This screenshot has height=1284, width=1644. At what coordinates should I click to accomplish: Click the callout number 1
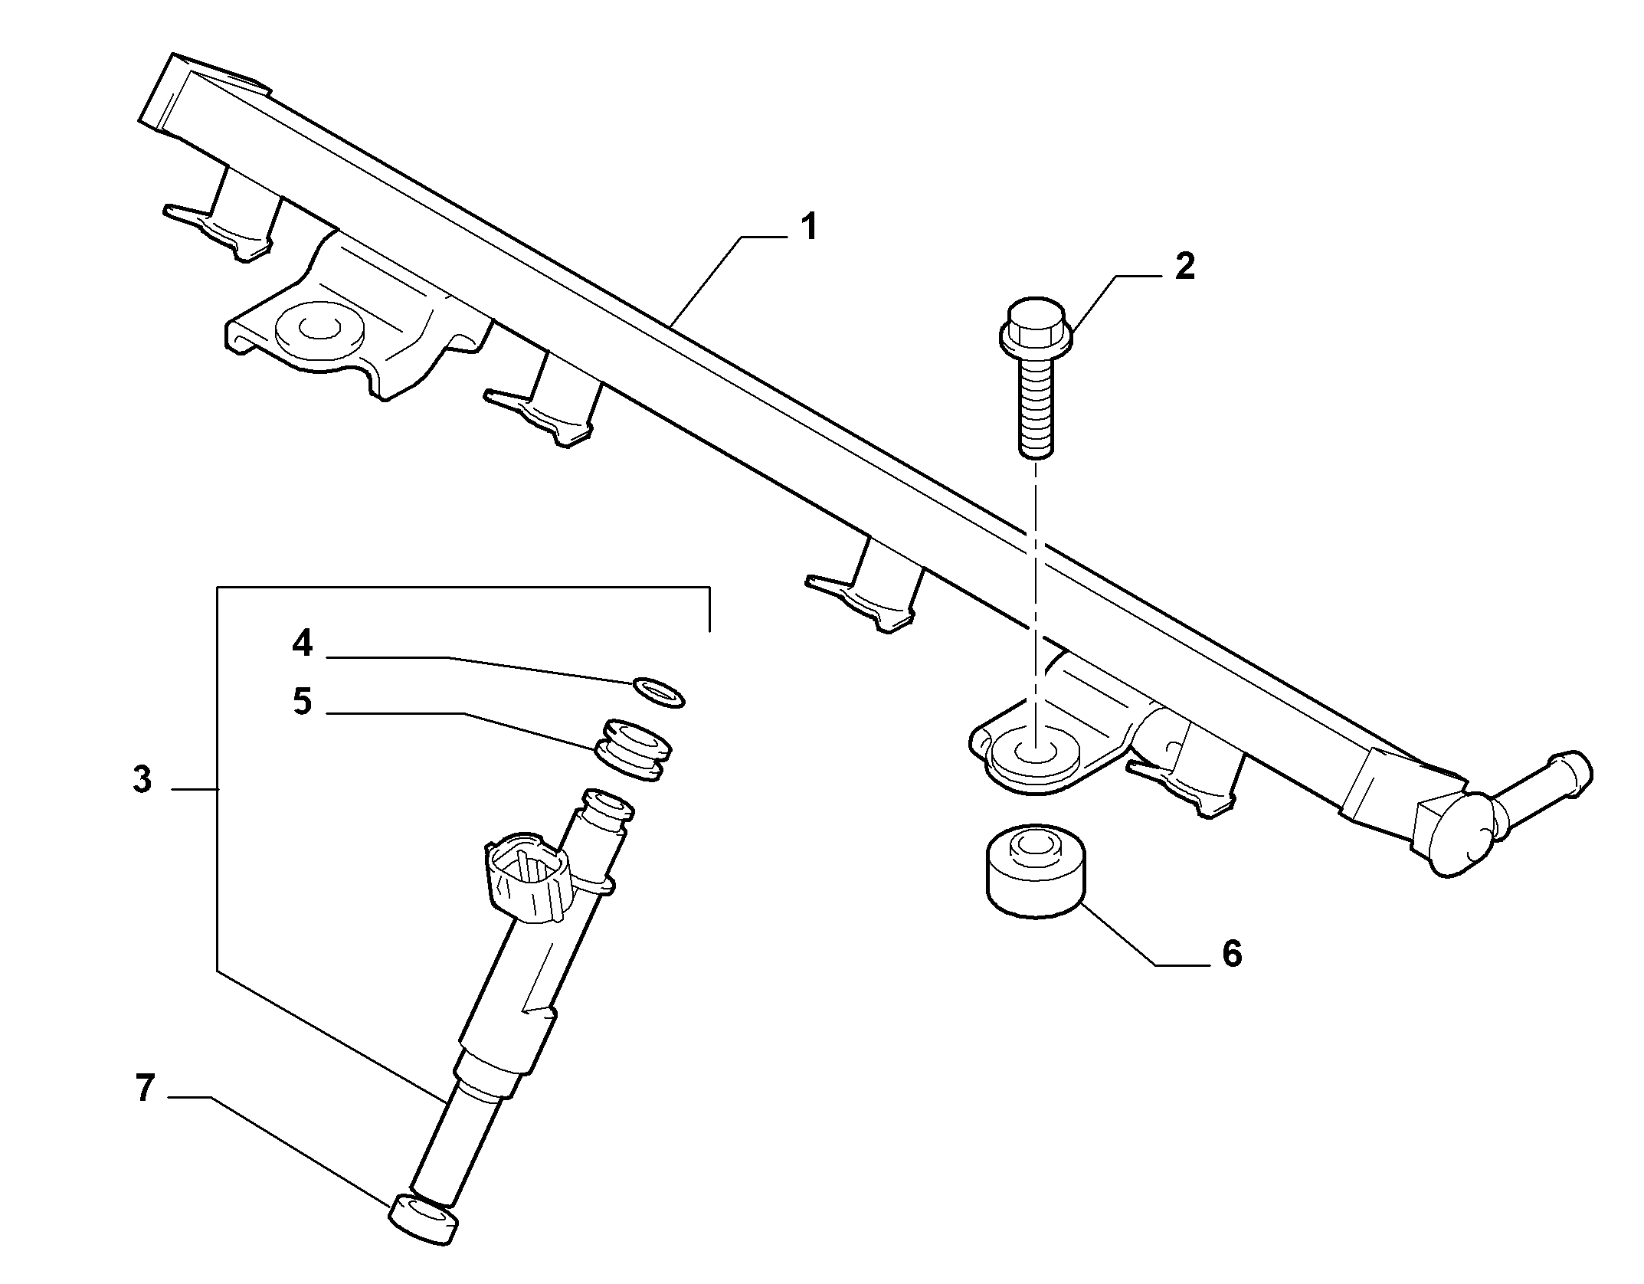[807, 228]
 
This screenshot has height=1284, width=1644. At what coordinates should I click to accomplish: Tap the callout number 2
[1184, 267]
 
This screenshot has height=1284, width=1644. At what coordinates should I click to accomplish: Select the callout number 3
[142, 780]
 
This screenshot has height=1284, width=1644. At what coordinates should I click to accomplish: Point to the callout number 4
[303, 644]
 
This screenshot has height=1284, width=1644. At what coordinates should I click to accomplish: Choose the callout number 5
[303, 702]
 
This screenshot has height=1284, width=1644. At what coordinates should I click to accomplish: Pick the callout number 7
[146, 1088]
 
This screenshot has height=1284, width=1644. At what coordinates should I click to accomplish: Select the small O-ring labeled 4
[659, 693]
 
